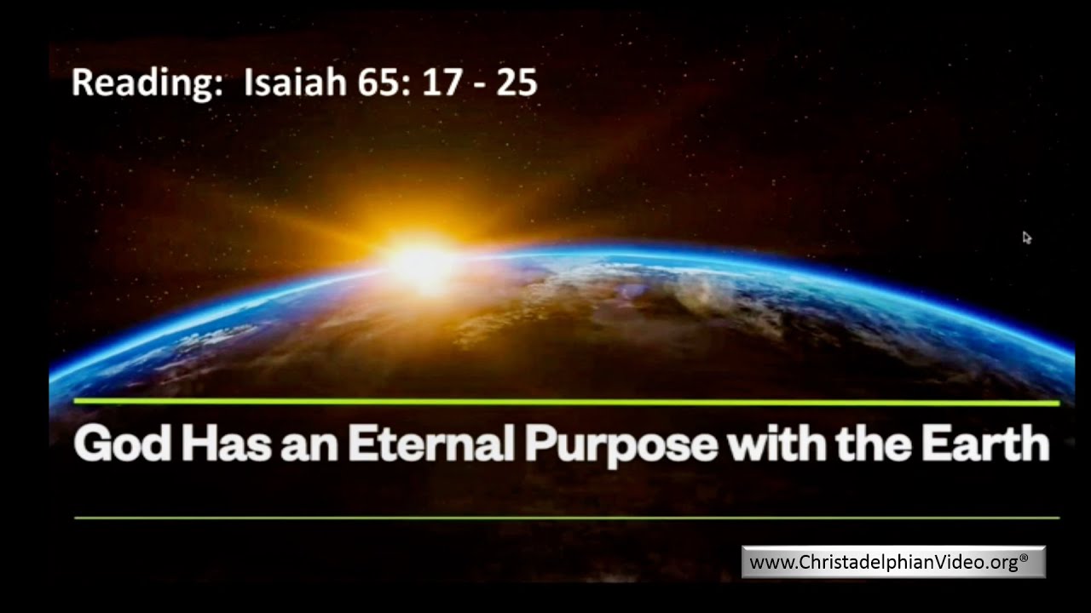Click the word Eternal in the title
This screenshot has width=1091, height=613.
coord(431,444)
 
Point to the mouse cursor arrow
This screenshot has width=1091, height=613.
coord(1026,238)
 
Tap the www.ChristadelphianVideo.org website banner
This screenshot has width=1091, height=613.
coord(892,562)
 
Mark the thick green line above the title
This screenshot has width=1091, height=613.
coord(566,402)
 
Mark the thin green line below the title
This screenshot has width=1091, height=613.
coord(566,517)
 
